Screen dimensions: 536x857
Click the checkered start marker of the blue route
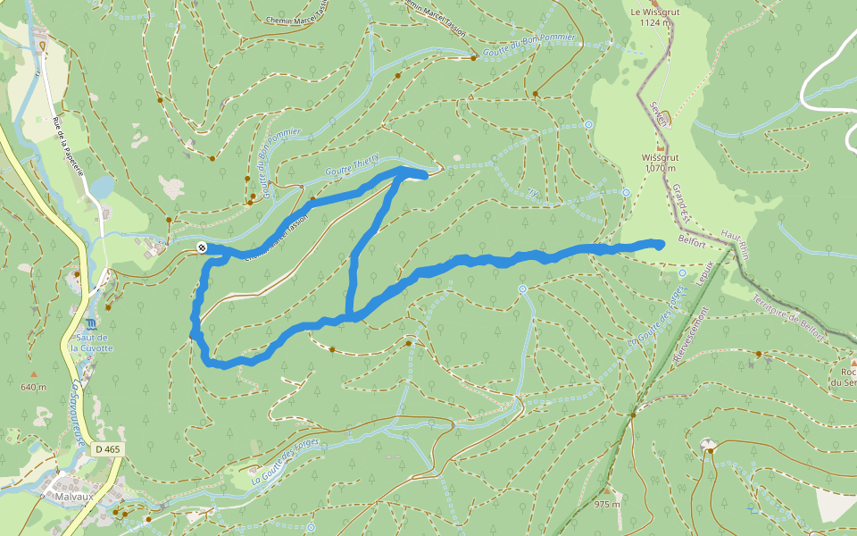click(x=203, y=247)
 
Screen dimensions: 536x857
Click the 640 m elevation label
click(x=34, y=387)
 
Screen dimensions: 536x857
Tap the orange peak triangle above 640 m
click(x=34, y=373)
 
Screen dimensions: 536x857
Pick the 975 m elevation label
click(x=607, y=504)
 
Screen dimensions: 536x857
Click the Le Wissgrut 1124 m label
click(x=649, y=18)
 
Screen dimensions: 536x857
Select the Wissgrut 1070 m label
click(x=661, y=162)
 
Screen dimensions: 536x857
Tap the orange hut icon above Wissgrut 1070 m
click(x=661, y=146)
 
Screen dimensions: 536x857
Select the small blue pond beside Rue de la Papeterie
click(x=102, y=187)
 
